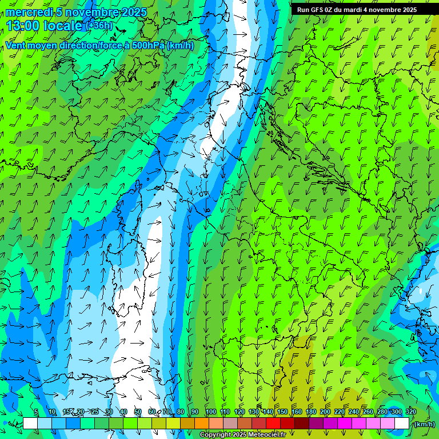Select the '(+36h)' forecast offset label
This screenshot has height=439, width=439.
pos(99,26)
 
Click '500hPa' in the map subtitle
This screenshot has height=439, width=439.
pos(138,46)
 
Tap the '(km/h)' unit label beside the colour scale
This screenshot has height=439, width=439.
pos(424,424)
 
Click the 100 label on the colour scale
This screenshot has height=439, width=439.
pos(211,412)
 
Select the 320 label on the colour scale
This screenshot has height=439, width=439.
pos(411,412)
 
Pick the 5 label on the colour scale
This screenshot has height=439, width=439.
pos(36,412)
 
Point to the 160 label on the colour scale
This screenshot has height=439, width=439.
pos(297,412)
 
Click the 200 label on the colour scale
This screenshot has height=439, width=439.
pos(325,412)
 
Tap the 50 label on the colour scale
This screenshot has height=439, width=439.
pos(138,412)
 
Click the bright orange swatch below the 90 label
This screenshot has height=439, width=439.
pos(202,424)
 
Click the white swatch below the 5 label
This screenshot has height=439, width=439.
pos(30,424)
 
